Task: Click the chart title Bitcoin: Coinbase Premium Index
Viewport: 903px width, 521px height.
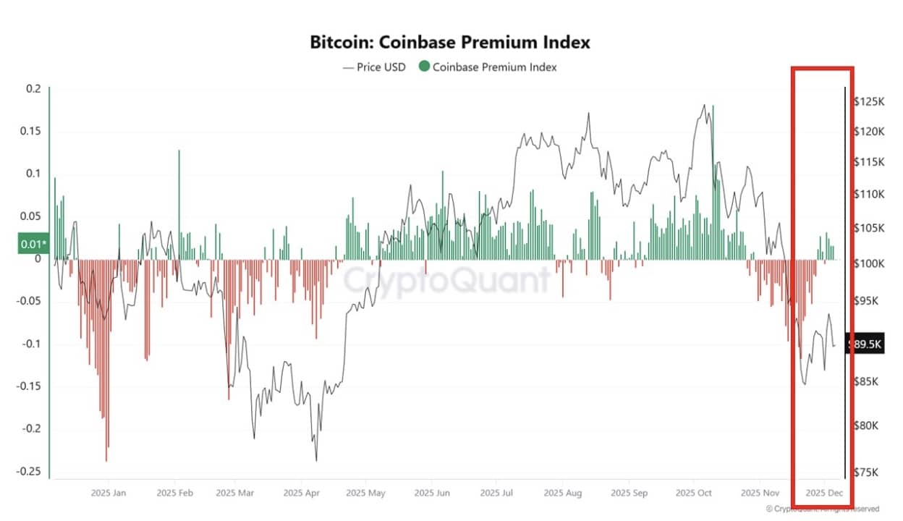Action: click(x=450, y=42)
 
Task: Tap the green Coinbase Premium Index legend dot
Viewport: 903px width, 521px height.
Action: click(x=424, y=67)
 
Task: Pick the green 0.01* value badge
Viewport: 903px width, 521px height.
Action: click(x=32, y=244)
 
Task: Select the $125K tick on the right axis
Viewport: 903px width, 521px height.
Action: click(x=868, y=102)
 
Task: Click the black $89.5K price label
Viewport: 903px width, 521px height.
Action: click(x=865, y=345)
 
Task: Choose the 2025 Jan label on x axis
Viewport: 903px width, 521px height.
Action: click(x=109, y=493)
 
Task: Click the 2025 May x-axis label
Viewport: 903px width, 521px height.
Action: click(x=365, y=493)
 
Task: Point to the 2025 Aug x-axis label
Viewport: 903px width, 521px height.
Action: click(x=563, y=493)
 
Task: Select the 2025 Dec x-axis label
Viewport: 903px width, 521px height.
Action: click(x=823, y=493)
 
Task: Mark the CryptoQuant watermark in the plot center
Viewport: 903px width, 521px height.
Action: click(x=446, y=279)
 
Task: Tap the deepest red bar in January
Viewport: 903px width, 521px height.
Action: click(x=106, y=362)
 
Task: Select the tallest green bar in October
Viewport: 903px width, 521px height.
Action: click(x=713, y=181)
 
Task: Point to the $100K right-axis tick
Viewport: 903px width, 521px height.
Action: click(x=868, y=263)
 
